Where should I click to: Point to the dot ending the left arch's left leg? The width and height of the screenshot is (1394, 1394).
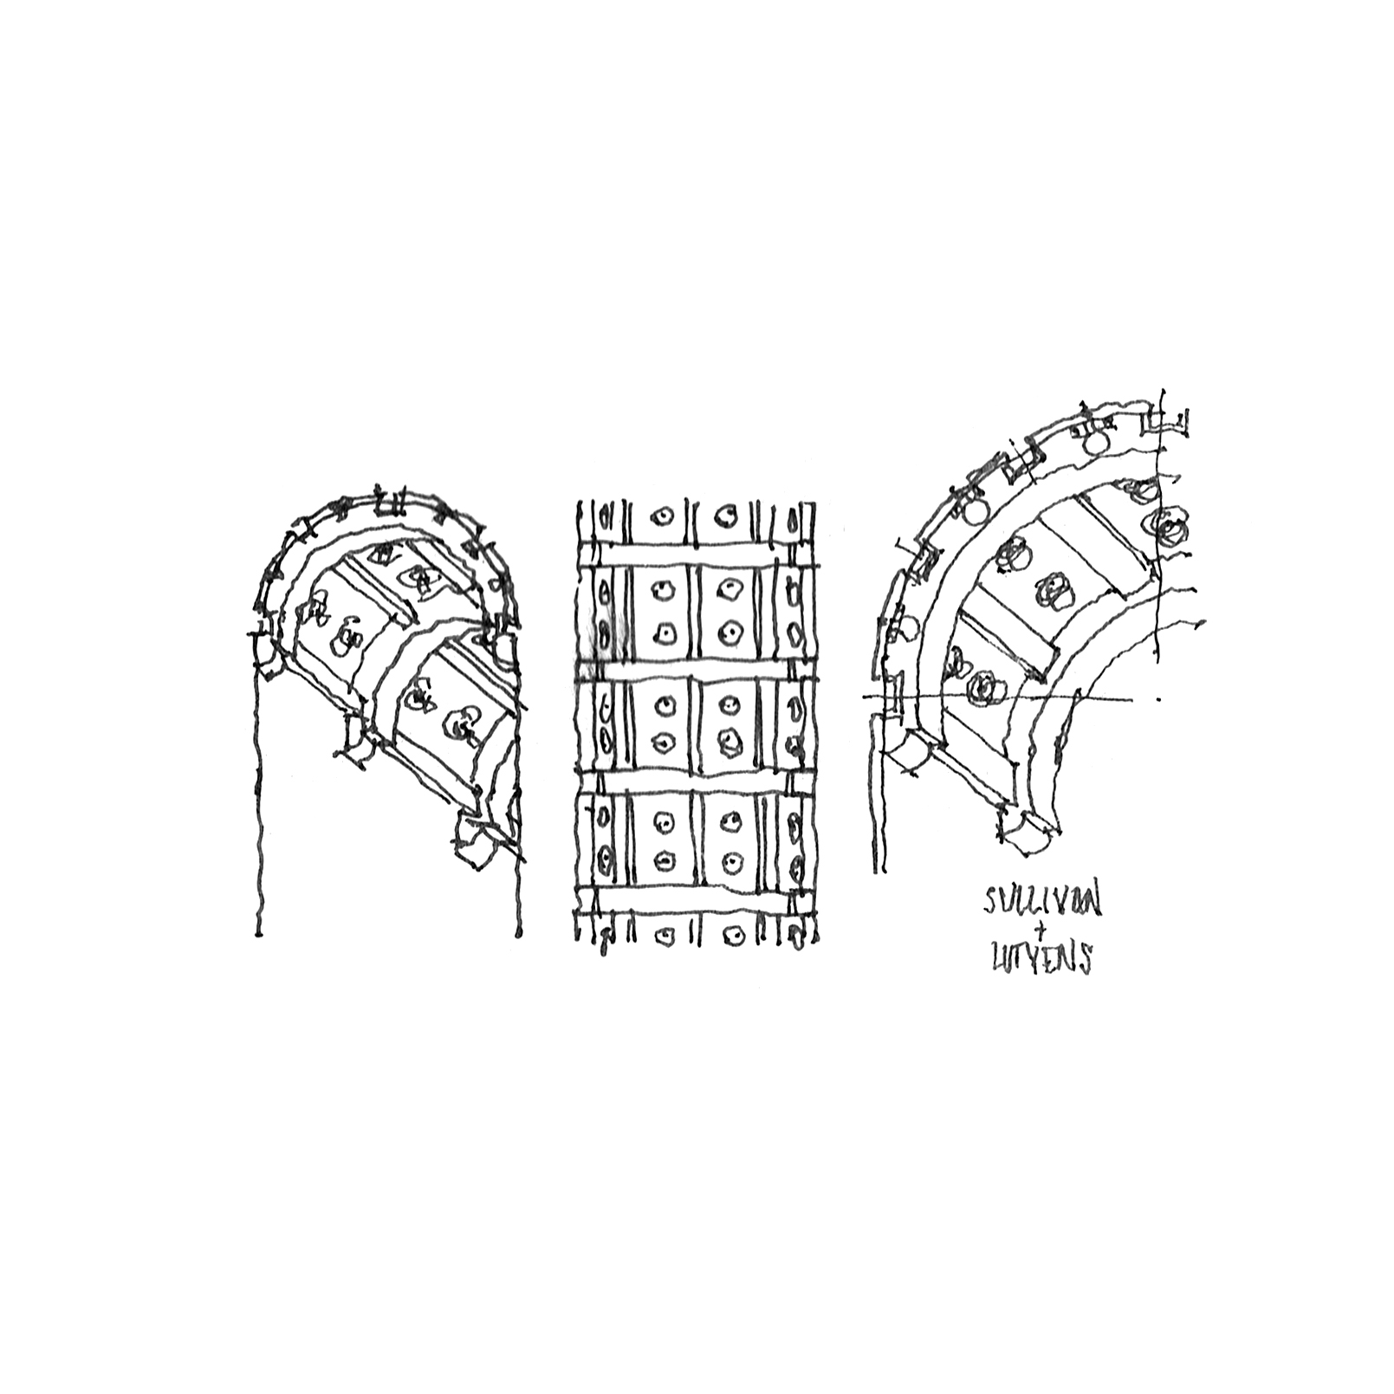258,934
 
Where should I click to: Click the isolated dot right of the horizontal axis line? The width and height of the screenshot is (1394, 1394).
1160,697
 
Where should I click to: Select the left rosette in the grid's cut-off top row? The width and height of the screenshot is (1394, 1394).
663,515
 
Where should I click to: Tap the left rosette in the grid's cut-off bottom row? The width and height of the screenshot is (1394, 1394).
665,937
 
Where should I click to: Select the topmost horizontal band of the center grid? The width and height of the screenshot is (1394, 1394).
698,554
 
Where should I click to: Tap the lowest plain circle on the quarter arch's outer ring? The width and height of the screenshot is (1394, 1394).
904,626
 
